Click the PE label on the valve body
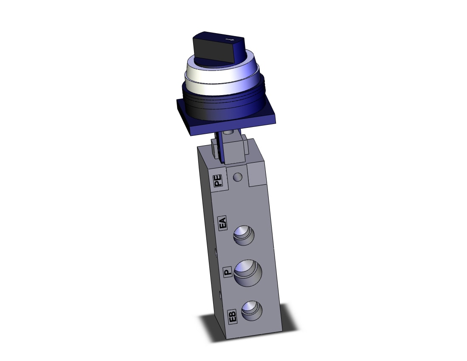(x=218, y=181)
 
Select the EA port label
(x=222, y=223)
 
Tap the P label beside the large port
(x=228, y=272)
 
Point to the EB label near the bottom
(x=232, y=316)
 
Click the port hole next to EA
(x=244, y=235)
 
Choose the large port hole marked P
(x=248, y=273)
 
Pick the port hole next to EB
(x=252, y=310)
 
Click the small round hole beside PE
(x=238, y=177)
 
